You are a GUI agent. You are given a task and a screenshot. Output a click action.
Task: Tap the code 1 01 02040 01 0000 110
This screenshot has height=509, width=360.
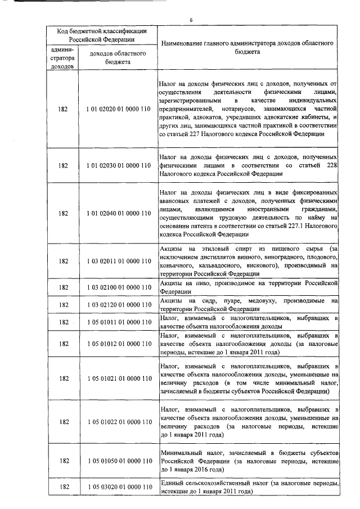pyautogui.click(x=119, y=214)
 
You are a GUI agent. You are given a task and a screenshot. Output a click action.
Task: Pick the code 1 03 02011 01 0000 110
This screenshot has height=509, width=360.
pyautogui.click(x=119, y=261)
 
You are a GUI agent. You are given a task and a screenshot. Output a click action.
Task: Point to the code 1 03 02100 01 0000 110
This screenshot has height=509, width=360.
pyautogui.click(x=119, y=287)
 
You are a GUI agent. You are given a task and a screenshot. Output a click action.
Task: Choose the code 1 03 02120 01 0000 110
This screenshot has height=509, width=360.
pyautogui.click(x=119, y=305)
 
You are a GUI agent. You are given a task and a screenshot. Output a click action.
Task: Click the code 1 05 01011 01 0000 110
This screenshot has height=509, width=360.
pyautogui.click(x=119, y=322)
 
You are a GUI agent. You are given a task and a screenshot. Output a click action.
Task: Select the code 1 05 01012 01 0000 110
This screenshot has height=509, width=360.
pyautogui.click(x=119, y=343)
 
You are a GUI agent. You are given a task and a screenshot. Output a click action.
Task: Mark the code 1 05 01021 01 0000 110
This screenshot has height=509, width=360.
pyautogui.click(x=119, y=378)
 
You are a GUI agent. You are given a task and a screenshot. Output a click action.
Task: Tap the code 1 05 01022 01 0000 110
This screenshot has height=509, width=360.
pyautogui.click(x=119, y=422)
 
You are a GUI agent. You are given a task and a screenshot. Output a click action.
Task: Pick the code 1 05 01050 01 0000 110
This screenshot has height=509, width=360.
pyautogui.click(x=119, y=461)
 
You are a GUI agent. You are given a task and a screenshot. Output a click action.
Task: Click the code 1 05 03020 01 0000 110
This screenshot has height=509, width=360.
pyautogui.click(x=119, y=487)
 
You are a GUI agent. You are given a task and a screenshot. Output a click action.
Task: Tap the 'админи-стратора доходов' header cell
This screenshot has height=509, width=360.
pyautogui.click(x=62, y=58)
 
